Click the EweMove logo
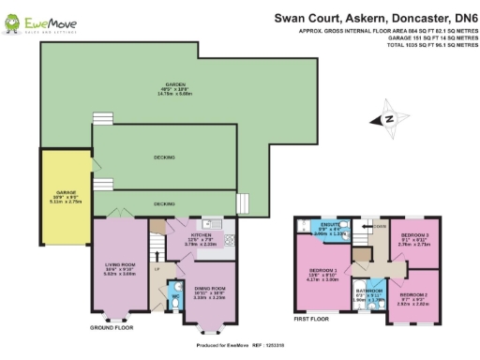click(x=35, y=19)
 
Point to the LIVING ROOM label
click(x=120, y=267)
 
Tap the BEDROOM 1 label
click(x=322, y=273)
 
